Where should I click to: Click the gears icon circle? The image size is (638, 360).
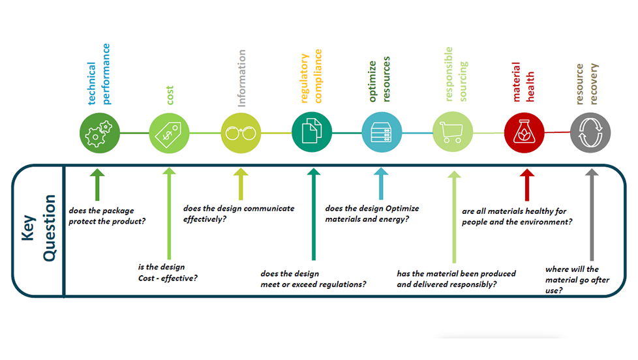tap(100, 133)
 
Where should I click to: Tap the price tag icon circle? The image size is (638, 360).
tap(169, 133)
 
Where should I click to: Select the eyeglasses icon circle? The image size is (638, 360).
tap(241, 133)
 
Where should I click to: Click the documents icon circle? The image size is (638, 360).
tap(312, 132)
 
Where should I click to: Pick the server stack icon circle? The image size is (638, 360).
tap(382, 132)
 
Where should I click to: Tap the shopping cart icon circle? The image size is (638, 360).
tap(453, 132)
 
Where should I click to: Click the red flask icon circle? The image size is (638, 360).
tap(524, 132)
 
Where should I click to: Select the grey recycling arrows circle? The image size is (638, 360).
tap(590, 132)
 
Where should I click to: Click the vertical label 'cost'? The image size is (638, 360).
tap(170, 95)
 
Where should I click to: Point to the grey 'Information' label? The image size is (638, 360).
tap(241, 78)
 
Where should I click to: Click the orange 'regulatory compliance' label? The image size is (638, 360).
tap(311, 76)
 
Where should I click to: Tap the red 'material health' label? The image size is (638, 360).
tap(523, 82)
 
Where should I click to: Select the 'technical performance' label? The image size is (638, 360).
tap(99, 74)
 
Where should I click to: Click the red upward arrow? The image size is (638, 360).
tap(527, 185)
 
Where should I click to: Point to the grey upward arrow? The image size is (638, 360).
tap(592, 215)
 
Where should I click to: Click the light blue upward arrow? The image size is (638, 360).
tap(381, 183)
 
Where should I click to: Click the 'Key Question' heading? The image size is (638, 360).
tap(38, 228)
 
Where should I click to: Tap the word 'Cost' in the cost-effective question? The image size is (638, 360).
tap(146, 278)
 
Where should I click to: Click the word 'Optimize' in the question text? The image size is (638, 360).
tap(403, 209)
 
